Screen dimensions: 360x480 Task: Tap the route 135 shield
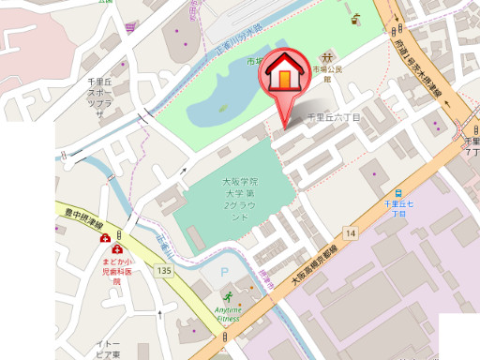coord(165,271)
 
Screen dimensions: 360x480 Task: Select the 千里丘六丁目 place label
coord(335,118)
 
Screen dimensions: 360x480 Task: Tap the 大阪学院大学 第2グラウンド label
coord(239,198)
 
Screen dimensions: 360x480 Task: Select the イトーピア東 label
coord(107,349)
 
